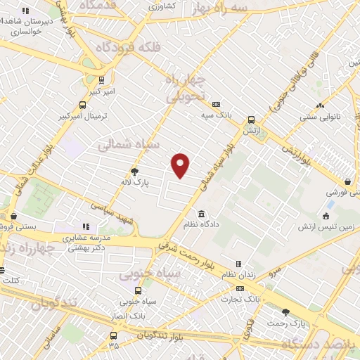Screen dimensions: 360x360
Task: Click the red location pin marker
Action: point(181,165)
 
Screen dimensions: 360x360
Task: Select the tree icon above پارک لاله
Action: point(134,171)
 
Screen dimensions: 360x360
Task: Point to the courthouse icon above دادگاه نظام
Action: point(202,214)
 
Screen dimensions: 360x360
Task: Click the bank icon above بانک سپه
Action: point(216,103)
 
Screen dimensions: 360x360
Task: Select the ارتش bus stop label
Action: point(251,131)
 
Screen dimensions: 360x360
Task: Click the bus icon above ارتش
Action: point(251,120)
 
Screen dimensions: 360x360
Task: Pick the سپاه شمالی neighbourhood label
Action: point(122,145)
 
